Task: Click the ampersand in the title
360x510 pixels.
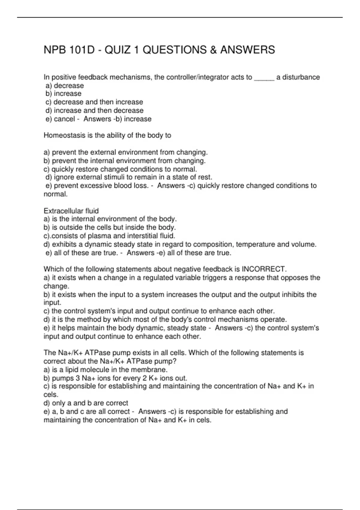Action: pyautogui.click(x=213, y=50)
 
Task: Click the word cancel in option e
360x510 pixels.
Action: pyautogui.click(x=64, y=119)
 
